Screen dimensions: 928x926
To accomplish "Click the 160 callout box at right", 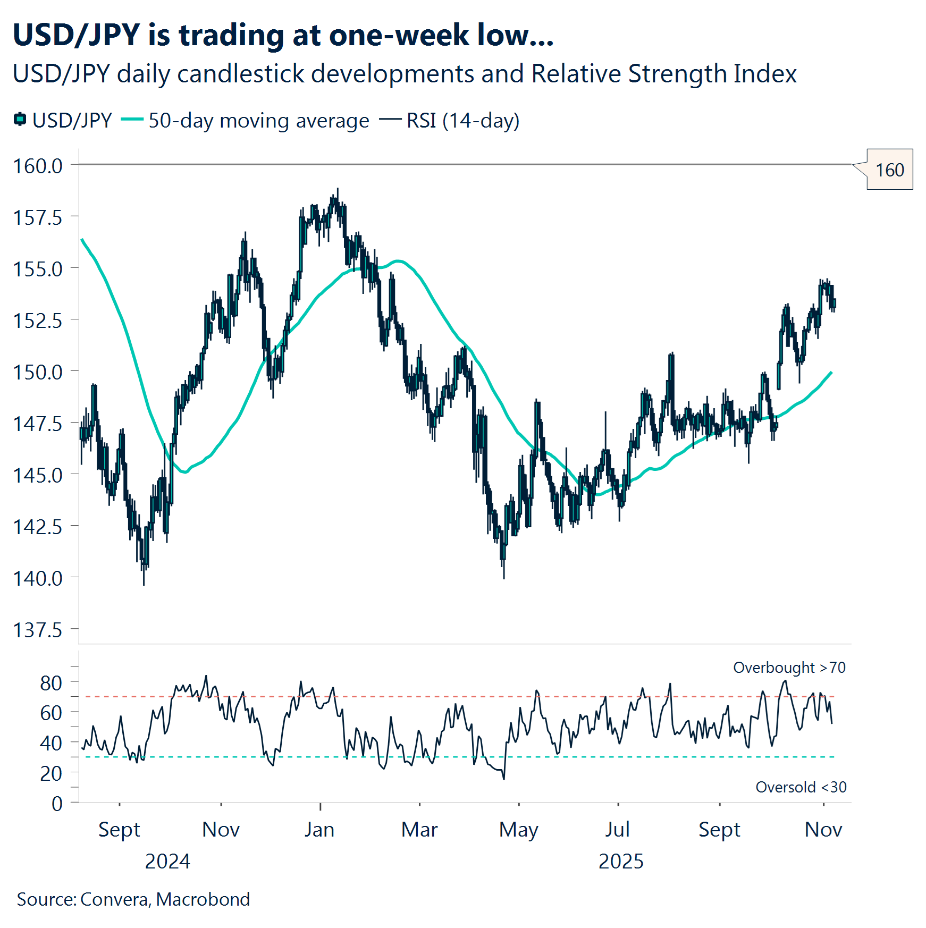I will point(889,170).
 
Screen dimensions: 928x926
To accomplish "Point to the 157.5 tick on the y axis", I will point(38,217).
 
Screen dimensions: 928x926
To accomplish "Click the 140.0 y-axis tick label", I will point(38,578).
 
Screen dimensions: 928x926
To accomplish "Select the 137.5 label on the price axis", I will point(38,630).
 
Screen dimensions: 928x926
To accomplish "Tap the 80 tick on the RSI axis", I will point(51,683).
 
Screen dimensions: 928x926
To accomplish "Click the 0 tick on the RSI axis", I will point(57,804).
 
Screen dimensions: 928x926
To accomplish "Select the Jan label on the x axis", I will point(319,830).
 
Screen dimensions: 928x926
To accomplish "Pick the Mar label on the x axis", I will point(419,830).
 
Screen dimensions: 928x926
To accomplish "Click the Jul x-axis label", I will point(617,830).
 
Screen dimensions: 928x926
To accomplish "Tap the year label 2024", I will point(167,862).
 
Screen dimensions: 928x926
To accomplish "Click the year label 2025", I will point(621,862).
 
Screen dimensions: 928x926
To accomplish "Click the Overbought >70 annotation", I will point(789,668).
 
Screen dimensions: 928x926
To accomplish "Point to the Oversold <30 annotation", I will point(801,787).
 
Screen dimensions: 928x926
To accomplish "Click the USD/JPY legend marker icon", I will point(20,120).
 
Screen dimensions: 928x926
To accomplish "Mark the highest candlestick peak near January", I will point(338,190).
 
